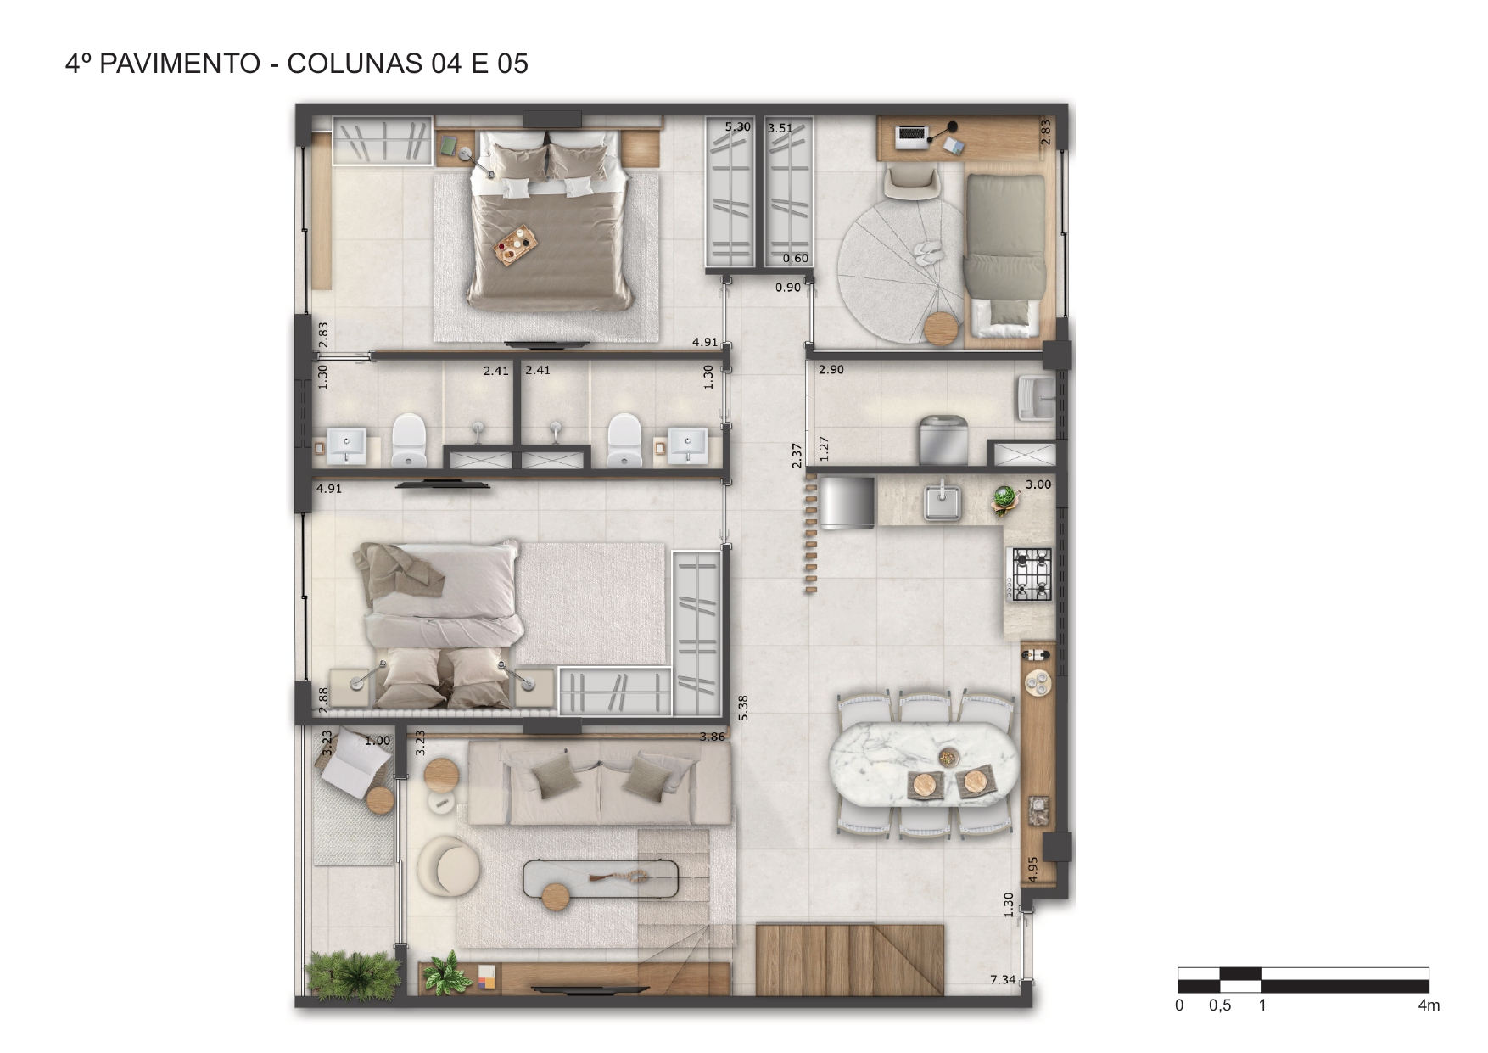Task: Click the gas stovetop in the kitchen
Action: pyautogui.click(x=1030, y=574)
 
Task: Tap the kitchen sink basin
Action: pyautogui.click(x=943, y=501)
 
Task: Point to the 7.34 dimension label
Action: pyautogui.click(x=1003, y=979)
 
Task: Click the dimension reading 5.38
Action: pyautogui.click(x=743, y=708)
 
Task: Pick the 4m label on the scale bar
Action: pyautogui.click(x=1429, y=1005)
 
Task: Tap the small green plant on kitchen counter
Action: pyautogui.click(x=1004, y=500)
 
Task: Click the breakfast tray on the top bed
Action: pyautogui.click(x=517, y=246)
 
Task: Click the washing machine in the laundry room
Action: pyautogui.click(x=943, y=440)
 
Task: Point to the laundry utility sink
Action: pyautogui.click(x=1037, y=398)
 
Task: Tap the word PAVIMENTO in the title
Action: pyautogui.click(x=180, y=64)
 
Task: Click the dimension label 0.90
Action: pyautogui.click(x=788, y=288)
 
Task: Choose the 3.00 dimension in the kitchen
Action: pyautogui.click(x=1038, y=484)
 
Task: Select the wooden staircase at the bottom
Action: pyautogui.click(x=849, y=960)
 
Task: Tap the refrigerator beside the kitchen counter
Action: pyautogui.click(x=847, y=501)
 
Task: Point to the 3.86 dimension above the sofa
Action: pyautogui.click(x=713, y=737)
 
